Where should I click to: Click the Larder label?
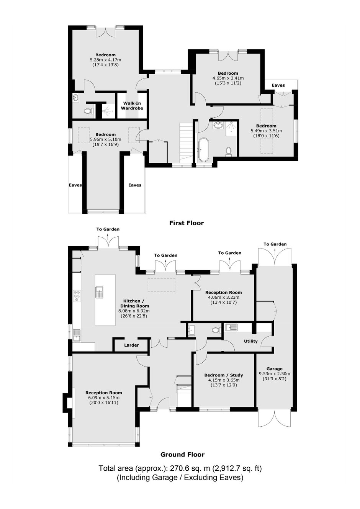click(131, 345)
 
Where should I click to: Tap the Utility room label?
click(251, 341)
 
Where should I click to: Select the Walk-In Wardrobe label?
click(132, 106)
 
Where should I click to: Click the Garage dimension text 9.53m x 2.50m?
click(275, 373)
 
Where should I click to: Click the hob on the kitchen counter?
click(77, 296)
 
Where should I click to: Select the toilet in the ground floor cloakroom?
click(216, 330)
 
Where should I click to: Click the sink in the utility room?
click(231, 327)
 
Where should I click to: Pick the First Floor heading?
click(187, 223)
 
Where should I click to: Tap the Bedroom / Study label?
click(224, 375)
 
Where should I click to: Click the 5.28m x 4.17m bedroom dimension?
click(105, 60)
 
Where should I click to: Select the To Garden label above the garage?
click(275, 244)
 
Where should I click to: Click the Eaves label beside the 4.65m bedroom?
click(278, 85)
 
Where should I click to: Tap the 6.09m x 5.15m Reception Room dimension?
click(104, 398)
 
